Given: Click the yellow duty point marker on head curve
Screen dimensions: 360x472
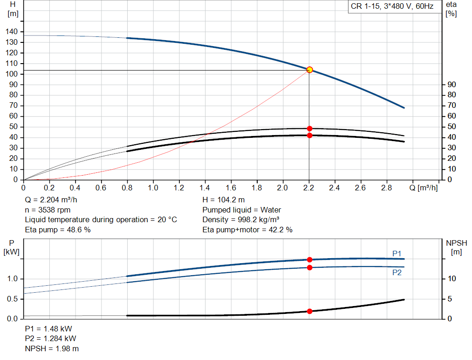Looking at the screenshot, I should pyautogui.click(x=310, y=70).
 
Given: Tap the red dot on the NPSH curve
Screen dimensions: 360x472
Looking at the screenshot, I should pyautogui.click(x=310, y=311).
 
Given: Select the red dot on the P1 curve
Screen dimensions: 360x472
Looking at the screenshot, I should pyautogui.click(x=310, y=260).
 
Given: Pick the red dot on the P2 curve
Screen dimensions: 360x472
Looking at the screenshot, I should pyautogui.click(x=310, y=267).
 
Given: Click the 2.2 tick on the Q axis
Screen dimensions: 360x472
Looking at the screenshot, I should pyautogui.click(x=309, y=188).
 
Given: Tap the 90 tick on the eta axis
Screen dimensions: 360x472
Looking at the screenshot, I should pyautogui.click(x=452, y=84).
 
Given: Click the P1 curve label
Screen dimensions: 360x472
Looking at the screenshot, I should pyautogui.click(x=397, y=253).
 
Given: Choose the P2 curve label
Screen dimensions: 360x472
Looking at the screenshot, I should pyautogui.click(x=397, y=273).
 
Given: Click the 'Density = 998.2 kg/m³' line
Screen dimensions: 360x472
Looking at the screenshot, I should pyautogui.click(x=241, y=219).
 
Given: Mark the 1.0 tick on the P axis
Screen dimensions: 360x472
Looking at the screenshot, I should pyautogui.click(x=12, y=279).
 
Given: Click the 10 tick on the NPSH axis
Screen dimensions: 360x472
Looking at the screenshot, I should pyautogui.click(x=452, y=279).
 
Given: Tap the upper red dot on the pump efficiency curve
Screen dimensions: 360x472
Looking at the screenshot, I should pyautogui.click(x=310, y=129).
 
